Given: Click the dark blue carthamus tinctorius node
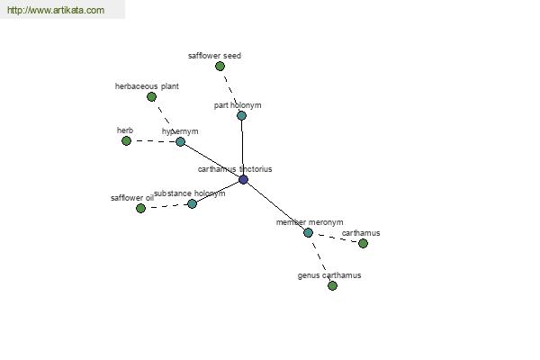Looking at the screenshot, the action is [243, 179].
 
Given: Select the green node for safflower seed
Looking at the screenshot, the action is [220, 66].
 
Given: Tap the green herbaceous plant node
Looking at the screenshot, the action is [151, 97].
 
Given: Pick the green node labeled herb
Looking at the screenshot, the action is [126, 141].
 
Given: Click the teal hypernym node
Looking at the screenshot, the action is [180, 141].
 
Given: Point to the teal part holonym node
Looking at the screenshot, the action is [241, 115].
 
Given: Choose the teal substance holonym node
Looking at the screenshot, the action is [193, 203].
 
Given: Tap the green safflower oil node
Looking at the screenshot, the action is [140, 208].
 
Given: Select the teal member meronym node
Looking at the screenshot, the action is [308, 233].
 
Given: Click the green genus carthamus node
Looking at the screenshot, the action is [332, 285].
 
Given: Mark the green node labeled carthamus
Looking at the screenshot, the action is [363, 244].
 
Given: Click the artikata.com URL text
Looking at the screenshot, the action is [56, 10].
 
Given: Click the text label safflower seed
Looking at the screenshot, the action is [214, 56].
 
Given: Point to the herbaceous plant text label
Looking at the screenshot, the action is [147, 86].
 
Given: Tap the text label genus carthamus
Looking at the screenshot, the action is [329, 275].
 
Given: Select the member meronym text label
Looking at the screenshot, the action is [310, 222].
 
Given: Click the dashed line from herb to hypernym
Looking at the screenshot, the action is [153, 141].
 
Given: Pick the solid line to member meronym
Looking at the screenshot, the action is [275, 206].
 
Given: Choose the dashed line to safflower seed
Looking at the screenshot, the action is [230, 91].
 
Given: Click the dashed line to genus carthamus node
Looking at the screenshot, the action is [320, 259].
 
